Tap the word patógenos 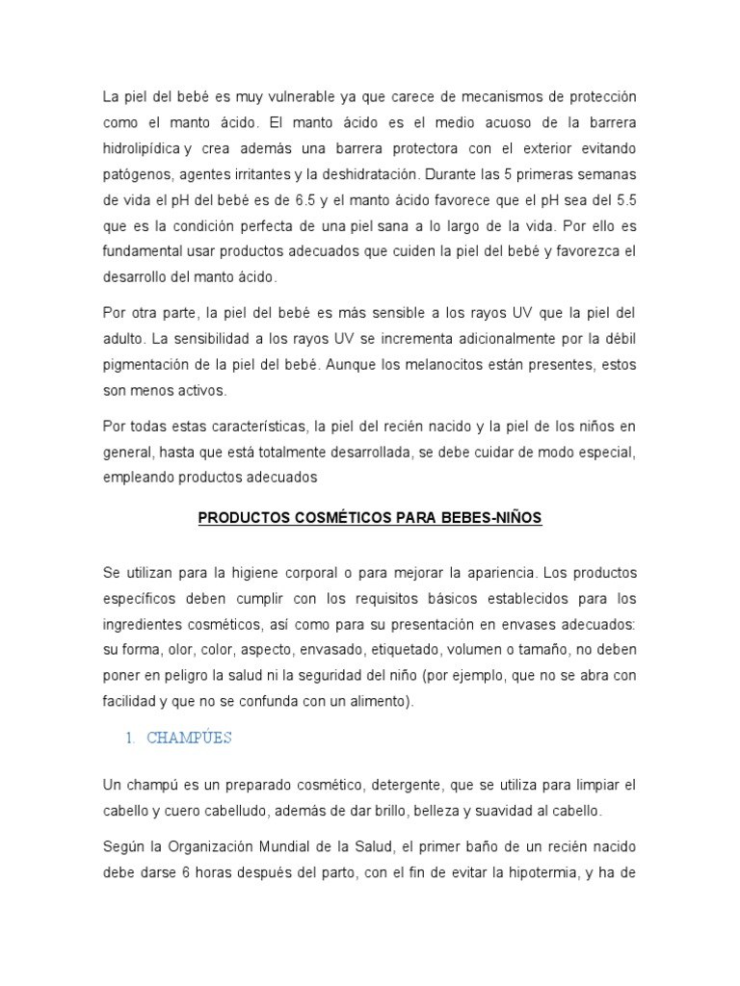tap(137, 173)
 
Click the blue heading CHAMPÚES tap(190, 739)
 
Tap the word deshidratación tap(368, 173)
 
